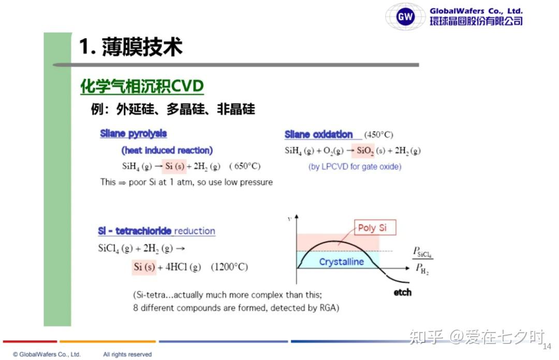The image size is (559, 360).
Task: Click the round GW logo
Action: pos(405,17)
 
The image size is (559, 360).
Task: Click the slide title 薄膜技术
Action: pos(142,47)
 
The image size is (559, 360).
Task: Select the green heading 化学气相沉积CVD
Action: pos(142,87)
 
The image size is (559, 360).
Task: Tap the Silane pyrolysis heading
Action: pos(134,134)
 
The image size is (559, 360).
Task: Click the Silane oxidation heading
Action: pos(318,134)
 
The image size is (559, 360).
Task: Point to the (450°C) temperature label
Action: pos(378,135)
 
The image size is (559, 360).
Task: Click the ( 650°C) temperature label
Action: pos(245,166)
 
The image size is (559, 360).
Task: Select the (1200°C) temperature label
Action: pos(229,267)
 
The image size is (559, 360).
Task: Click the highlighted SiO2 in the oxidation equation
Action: pos(365,151)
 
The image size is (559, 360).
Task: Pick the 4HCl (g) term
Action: pos(183,267)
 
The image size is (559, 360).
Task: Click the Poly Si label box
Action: pos(375,227)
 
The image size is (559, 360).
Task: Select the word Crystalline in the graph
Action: pos(342,262)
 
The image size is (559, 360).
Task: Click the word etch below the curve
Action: pos(403,293)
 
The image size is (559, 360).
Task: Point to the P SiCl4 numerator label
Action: pos(422,252)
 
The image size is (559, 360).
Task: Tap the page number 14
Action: pos(547,346)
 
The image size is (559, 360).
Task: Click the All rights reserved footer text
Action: pos(127,354)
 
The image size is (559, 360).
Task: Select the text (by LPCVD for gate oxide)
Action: pos(355,167)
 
